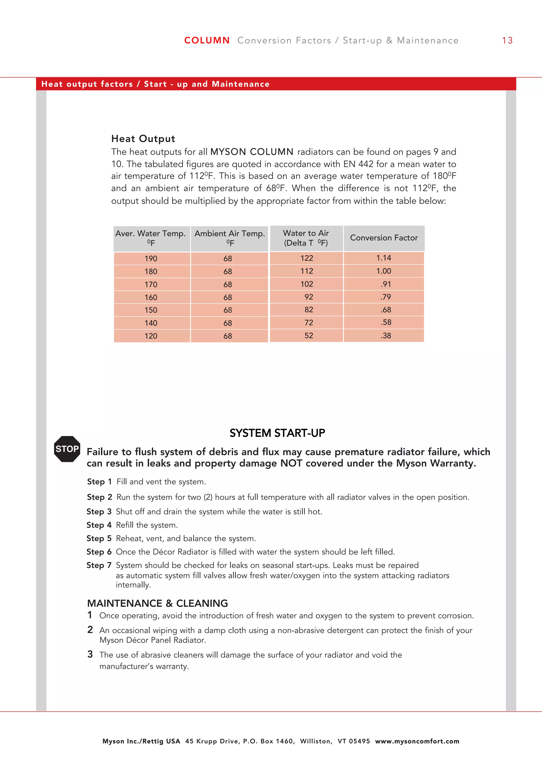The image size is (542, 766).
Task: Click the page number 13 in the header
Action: tap(507, 41)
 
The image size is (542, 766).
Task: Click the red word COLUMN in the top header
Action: tap(207, 41)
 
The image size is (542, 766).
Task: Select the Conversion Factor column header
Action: tap(384, 238)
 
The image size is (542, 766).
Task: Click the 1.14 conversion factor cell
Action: tap(383, 258)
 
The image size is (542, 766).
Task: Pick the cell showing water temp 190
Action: tap(151, 259)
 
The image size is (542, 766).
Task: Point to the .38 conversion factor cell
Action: tap(386, 336)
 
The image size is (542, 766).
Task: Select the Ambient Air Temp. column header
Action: tap(230, 238)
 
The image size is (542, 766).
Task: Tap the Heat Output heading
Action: tap(143, 139)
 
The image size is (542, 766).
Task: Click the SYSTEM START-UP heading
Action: tap(277, 433)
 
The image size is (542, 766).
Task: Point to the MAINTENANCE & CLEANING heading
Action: tap(157, 603)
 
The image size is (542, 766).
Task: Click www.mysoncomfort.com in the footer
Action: tap(417, 741)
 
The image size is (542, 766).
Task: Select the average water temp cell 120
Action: tap(151, 336)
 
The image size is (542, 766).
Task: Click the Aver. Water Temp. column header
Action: tap(151, 238)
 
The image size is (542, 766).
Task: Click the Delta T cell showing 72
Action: tap(309, 323)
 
